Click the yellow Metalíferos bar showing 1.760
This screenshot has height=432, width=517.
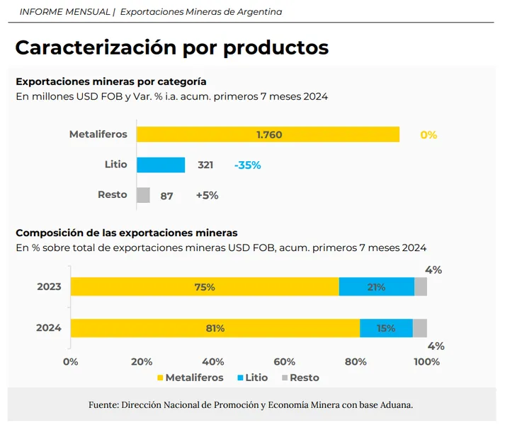click(268, 134)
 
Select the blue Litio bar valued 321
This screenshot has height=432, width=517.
click(161, 165)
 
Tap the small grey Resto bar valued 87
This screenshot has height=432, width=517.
click(143, 195)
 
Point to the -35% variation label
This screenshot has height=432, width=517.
click(247, 165)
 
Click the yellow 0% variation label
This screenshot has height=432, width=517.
click(428, 134)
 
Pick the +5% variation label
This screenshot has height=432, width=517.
click(207, 196)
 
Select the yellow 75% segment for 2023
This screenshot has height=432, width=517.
click(205, 287)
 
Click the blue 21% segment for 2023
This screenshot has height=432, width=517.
click(376, 287)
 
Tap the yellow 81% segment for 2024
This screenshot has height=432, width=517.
click(215, 328)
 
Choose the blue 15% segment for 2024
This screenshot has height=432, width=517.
click(386, 328)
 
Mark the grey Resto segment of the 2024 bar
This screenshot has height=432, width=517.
click(420, 328)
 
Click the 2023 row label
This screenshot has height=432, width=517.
click(49, 287)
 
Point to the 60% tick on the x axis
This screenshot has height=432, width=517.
click(285, 362)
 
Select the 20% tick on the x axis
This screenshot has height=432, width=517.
click(142, 362)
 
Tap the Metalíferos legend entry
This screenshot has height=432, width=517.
click(189, 378)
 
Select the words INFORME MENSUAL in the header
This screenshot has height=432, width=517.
click(64, 12)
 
